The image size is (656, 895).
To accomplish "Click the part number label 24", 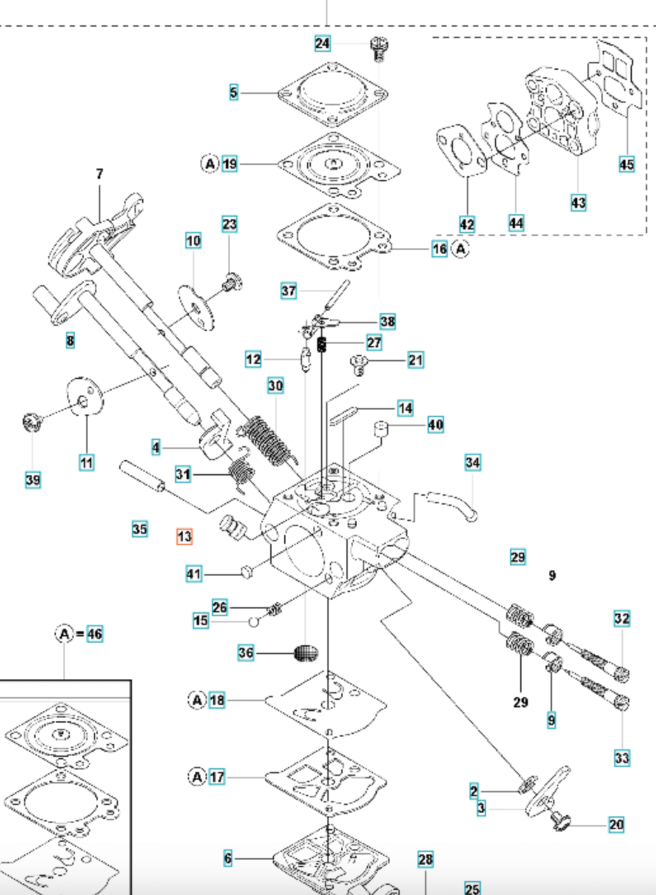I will pos(322,43).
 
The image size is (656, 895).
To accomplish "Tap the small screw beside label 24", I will pos(379,48).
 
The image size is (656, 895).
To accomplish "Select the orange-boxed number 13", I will pos(184,537).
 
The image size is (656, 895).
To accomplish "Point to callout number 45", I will pos(626,164).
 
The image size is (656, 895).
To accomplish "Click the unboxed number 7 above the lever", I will pos(100,174).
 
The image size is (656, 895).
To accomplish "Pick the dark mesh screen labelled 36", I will pos(306,652).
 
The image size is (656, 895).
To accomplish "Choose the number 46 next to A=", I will pos(95,634).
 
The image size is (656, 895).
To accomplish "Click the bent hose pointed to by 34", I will pos(453,505).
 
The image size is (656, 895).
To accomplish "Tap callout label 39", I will pos(33,480).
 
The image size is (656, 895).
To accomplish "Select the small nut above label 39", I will pos(30,420).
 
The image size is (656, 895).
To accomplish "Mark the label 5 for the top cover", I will pos(233,93).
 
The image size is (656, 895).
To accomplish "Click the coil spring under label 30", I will pos(266,438).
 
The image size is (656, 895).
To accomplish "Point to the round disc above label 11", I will pos(84,397).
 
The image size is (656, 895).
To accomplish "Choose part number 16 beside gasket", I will pos(439,248).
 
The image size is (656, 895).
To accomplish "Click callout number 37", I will pos(288,290).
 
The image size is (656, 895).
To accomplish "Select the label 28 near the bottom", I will pos(425,860).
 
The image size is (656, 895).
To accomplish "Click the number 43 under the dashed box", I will pos(578,203).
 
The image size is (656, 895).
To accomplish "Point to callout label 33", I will pos(622,757).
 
